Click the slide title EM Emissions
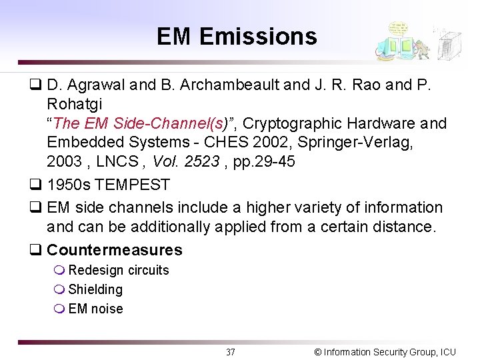click(237, 36)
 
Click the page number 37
click(230, 352)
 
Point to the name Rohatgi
click(75, 105)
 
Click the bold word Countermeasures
click(115, 251)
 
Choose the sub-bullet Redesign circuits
click(119, 270)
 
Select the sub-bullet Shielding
click(95, 289)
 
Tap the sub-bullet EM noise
click(95, 309)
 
